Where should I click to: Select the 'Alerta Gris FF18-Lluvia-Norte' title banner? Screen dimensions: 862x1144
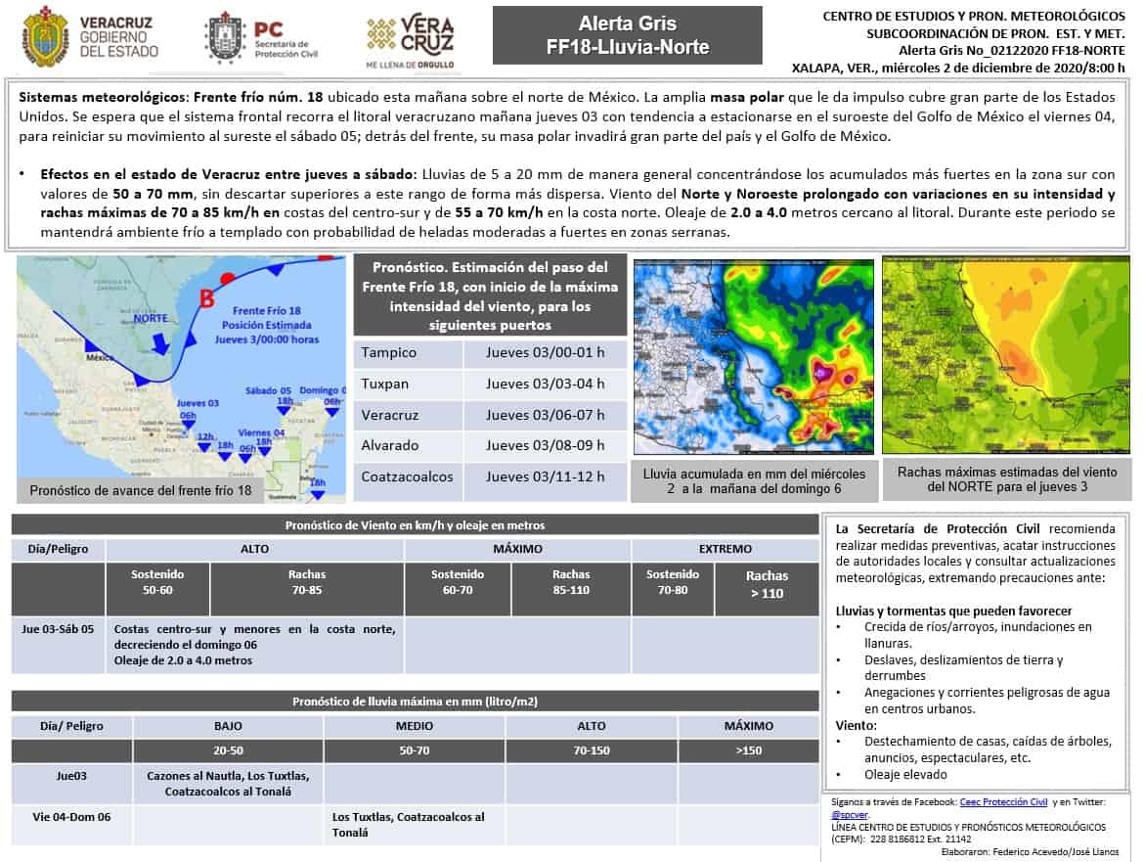(x=628, y=35)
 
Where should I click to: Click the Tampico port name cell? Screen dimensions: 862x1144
(x=389, y=353)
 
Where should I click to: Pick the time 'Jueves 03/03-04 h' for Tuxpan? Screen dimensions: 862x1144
(x=545, y=384)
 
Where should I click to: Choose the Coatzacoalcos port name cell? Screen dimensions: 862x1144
(x=407, y=476)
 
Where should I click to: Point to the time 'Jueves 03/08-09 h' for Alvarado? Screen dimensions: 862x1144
(x=545, y=445)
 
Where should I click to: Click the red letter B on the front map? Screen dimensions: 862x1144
(x=206, y=299)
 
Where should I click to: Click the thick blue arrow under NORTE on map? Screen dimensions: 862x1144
(x=157, y=341)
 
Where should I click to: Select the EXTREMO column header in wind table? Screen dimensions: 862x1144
(x=726, y=549)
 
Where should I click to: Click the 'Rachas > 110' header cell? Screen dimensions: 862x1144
(x=766, y=585)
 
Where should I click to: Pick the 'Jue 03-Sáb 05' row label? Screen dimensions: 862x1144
(x=58, y=629)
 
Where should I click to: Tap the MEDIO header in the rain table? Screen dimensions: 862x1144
(x=415, y=726)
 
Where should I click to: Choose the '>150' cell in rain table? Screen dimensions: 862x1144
(x=748, y=751)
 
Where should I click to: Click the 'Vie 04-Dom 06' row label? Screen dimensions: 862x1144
(x=71, y=817)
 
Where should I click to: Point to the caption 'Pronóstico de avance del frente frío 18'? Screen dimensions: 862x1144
(x=141, y=490)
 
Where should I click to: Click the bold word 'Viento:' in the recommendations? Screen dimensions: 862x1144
(x=857, y=725)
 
